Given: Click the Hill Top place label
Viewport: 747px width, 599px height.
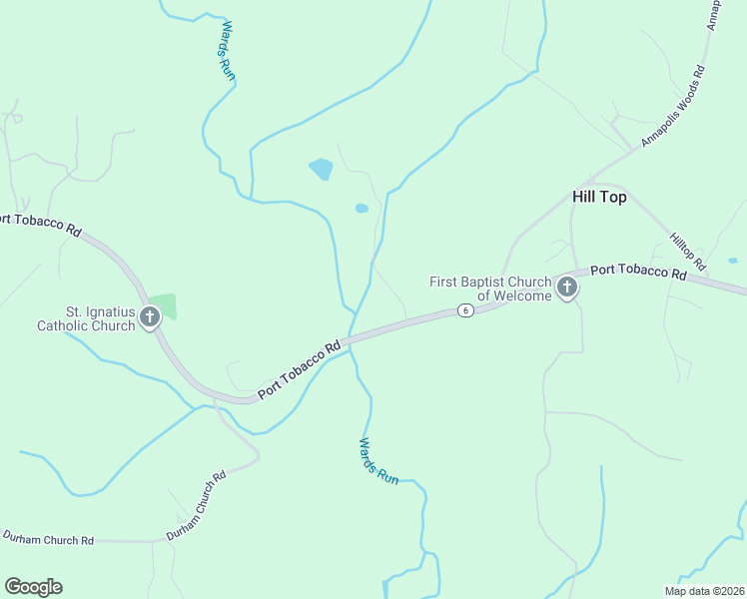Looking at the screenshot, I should (599, 198).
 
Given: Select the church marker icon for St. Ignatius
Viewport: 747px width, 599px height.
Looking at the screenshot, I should (150, 318).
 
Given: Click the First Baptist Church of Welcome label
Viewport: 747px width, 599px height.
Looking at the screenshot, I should (490, 289).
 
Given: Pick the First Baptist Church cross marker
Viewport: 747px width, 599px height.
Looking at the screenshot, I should (567, 289).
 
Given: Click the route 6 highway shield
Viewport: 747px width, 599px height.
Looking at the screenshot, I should (465, 310).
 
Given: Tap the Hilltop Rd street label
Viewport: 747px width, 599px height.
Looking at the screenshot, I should (688, 252).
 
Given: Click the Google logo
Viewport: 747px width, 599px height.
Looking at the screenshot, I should (33, 587).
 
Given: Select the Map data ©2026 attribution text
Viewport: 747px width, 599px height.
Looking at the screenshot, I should (704, 591).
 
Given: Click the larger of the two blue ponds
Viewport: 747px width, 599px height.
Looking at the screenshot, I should (321, 169).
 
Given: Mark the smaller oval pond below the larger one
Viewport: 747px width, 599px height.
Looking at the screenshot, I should (362, 209).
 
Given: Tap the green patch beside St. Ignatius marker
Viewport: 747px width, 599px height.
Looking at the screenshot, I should (163, 305).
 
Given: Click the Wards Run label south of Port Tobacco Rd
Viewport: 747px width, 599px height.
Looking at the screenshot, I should (378, 460).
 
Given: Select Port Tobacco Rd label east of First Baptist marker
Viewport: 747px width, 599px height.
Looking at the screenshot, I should (638, 271).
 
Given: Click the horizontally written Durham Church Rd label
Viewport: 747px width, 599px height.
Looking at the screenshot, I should (47, 539).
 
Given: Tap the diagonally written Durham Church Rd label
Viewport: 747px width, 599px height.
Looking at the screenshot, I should (197, 505).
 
